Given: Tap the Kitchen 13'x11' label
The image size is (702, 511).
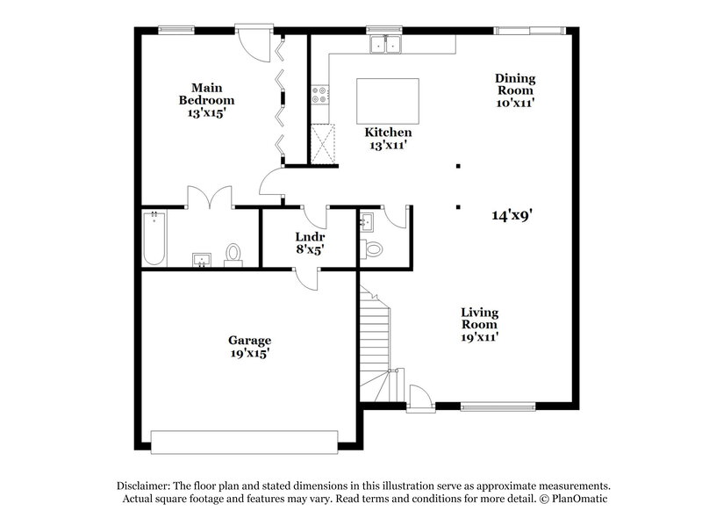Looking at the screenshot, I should click(388, 139).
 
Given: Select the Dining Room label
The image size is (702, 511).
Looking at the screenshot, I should click(515, 90).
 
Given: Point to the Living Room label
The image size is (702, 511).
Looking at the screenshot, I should click(480, 324).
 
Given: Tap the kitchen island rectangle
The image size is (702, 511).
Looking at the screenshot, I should click(387, 101).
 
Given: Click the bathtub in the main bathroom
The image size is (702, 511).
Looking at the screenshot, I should click(154, 239).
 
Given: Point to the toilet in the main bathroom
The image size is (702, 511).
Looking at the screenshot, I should click(233, 254).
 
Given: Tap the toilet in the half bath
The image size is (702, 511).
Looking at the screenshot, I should click(374, 249).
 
